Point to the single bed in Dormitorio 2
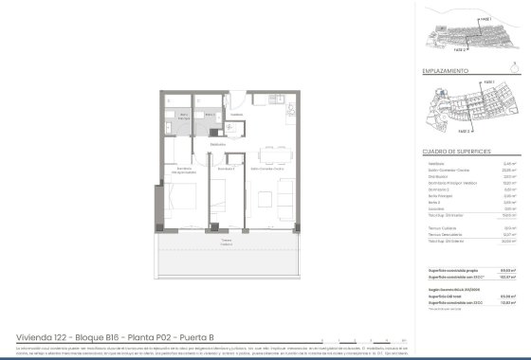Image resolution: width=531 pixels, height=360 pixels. pos(221,202)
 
